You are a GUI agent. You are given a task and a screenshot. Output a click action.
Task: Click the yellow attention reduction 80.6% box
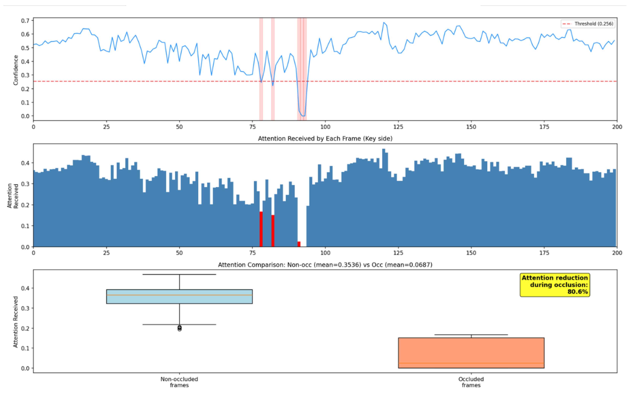554,285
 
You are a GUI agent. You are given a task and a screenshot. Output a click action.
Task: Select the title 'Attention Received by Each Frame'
325,138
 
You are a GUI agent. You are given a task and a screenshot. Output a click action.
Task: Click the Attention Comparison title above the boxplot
325,265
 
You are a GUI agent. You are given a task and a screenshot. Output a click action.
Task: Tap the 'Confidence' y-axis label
16,70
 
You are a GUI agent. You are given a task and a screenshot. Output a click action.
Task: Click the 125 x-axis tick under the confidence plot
398,127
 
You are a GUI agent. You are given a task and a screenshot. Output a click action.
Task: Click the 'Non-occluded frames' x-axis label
179,382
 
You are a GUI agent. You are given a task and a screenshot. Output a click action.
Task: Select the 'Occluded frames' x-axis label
471,382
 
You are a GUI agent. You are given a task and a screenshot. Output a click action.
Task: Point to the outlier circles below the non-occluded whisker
179,328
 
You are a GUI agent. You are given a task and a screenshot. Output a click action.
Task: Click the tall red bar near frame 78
261,229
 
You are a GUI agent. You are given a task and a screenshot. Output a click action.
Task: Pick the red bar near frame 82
273,231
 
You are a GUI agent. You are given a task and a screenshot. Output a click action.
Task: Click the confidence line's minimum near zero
303,116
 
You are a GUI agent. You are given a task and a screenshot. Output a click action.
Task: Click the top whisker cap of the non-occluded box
179,274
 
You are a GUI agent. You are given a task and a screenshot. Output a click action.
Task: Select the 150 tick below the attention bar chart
471,253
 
